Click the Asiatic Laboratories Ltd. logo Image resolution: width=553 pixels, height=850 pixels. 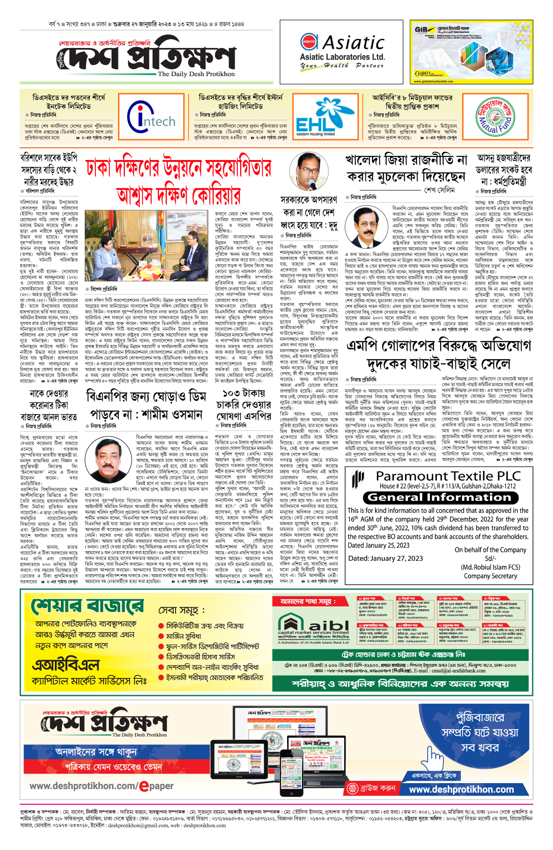pos(342,51)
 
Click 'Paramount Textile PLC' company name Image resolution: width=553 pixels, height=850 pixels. pos(448,476)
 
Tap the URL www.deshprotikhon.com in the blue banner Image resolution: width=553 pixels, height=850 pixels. pos(461,789)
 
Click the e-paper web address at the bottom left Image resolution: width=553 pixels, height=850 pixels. pos(102,786)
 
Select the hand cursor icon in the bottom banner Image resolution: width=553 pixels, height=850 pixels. pos(434,756)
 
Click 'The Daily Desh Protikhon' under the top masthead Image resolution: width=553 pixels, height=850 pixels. pos(196,74)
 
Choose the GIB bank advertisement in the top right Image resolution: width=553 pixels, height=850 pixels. pos(471,52)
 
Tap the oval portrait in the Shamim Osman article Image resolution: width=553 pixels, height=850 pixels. pos(112,457)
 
